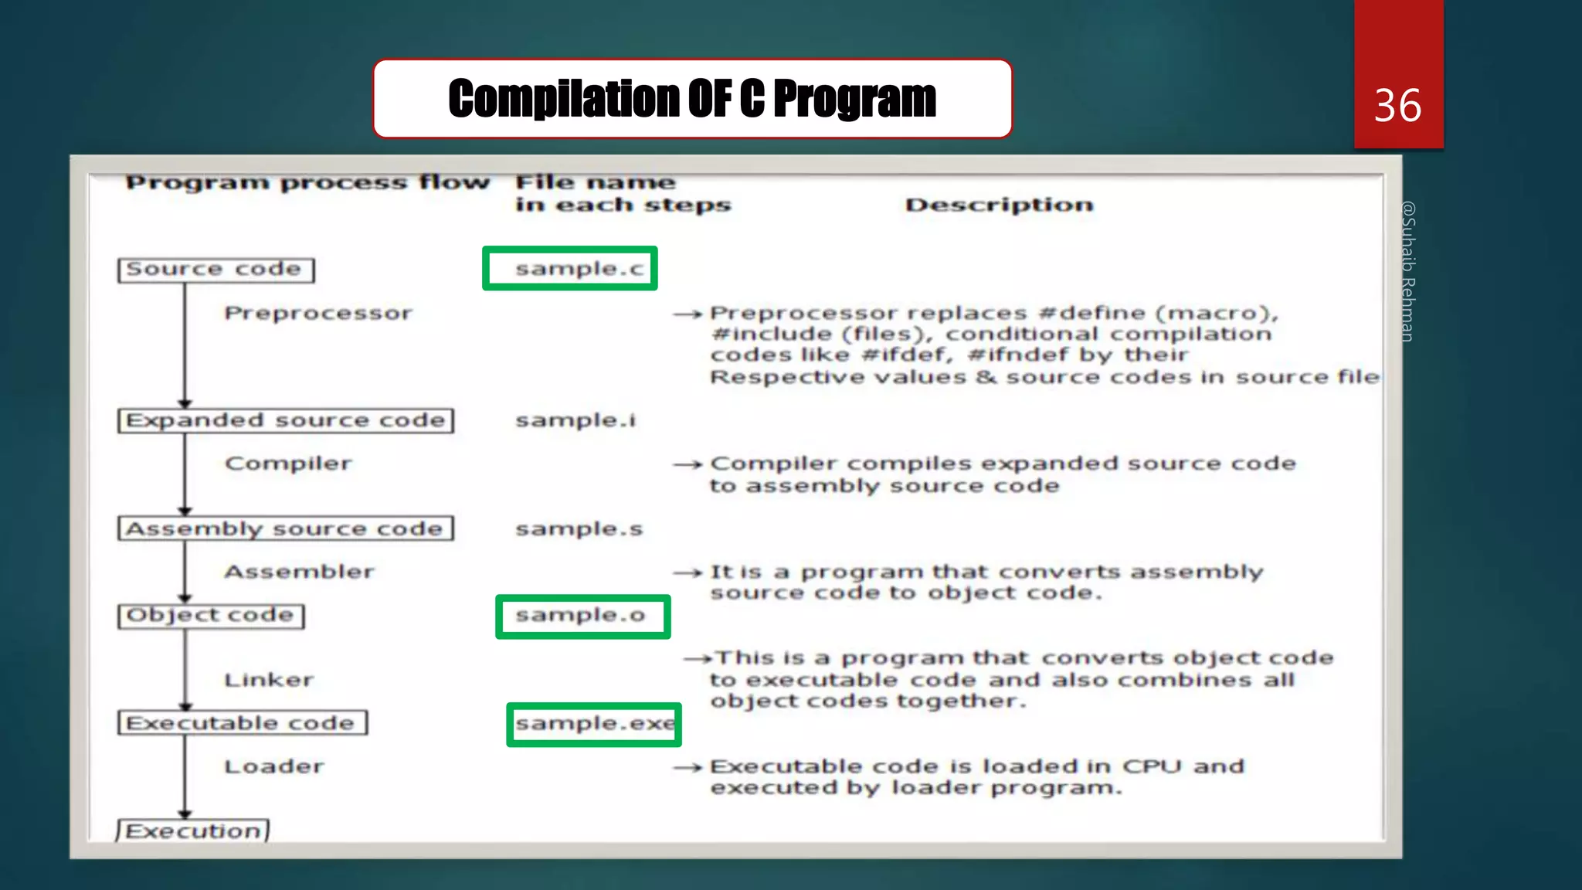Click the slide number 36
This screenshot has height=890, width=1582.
(x=1397, y=105)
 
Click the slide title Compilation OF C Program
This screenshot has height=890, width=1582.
(x=692, y=99)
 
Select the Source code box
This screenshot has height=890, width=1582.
(x=216, y=270)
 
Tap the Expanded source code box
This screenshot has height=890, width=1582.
(x=285, y=420)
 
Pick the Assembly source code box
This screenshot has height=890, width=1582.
(x=285, y=528)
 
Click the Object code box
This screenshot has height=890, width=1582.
(x=211, y=616)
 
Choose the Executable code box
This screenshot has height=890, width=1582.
(x=242, y=723)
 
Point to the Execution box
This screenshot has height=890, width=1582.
(x=193, y=831)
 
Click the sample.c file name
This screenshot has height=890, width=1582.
(x=579, y=269)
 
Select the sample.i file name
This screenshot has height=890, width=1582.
(x=575, y=420)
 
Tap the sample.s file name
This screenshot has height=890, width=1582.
(x=579, y=529)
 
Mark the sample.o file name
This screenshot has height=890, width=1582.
(x=580, y=616)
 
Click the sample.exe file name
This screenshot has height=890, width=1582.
(x=594, y=724)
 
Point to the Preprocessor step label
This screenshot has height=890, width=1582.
(x=318, y=313)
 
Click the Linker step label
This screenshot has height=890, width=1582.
(x=269, y=680)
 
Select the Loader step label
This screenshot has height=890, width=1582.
(x=274, y=766)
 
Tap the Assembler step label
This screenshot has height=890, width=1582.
(x=299, y=572)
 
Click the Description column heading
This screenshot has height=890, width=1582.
(x=999, y=205)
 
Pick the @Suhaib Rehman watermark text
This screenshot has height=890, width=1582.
(x=1407, y=270)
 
